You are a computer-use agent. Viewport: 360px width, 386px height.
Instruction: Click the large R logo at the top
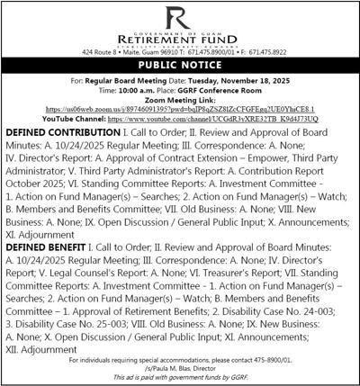point(180,17)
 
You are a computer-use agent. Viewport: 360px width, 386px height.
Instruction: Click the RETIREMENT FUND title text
point(180,45)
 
